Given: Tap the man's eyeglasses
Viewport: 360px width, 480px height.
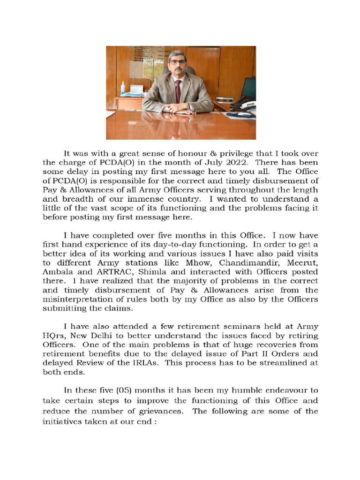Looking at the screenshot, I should click(177, 62).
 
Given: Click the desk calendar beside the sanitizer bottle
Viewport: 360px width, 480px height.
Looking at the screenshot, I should click(136, 90).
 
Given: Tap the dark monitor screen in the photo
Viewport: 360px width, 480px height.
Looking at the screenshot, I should click(248, 88).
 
